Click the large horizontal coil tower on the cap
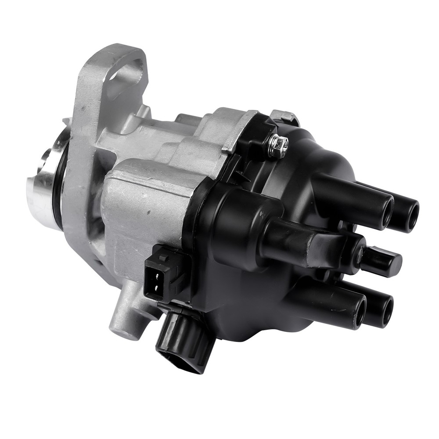[x=303, y=241]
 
